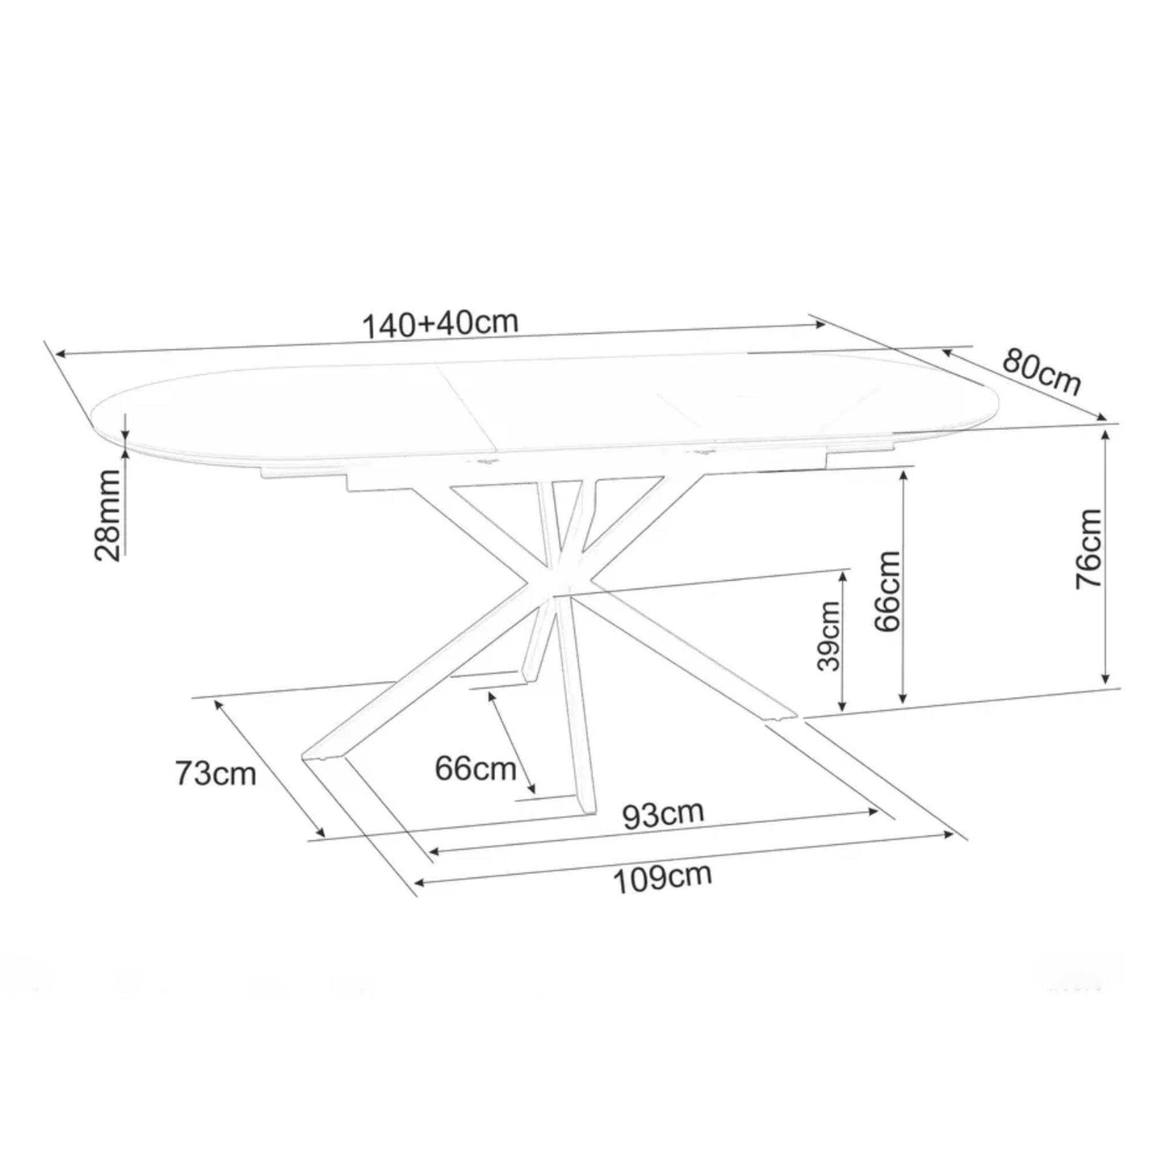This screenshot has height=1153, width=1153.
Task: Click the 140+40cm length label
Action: [440, 324]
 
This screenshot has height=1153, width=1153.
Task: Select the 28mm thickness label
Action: [108, 515]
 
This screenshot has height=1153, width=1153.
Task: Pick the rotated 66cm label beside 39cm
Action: [886, 591]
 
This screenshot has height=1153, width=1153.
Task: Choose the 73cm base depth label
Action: [216, 774]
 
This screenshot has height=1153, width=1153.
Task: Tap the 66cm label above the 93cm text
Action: [475, 768]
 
